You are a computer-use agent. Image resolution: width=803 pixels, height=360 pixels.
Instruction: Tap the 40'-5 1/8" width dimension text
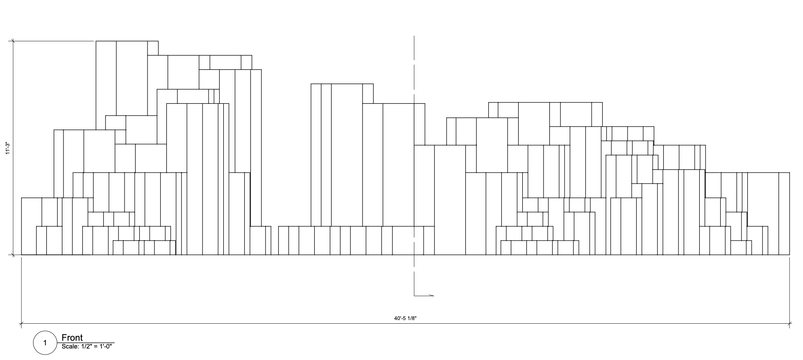[x=405, y=318]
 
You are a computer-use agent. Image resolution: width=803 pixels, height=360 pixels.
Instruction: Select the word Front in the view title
[x=72, y=338]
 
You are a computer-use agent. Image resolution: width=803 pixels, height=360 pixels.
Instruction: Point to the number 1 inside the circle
[x=45, y=343]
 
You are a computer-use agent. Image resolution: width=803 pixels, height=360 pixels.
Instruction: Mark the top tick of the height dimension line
[x=13, y=41]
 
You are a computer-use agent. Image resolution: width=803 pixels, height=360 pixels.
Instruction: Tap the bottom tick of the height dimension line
[x=13, y=254]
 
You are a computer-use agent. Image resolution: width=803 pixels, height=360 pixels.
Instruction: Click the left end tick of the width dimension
[x=21, y=324]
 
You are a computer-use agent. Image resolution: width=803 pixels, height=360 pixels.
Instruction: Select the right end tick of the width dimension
[x=789, y=324]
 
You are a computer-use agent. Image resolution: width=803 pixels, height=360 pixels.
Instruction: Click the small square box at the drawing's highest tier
[x=153, y=48]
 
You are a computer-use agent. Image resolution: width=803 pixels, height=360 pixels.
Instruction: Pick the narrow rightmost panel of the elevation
[x=784, y=214]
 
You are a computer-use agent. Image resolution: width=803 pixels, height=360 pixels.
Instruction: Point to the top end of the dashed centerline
[x=414, y=37]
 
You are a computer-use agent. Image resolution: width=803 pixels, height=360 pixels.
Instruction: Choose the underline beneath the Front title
[x=87, y=343]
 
